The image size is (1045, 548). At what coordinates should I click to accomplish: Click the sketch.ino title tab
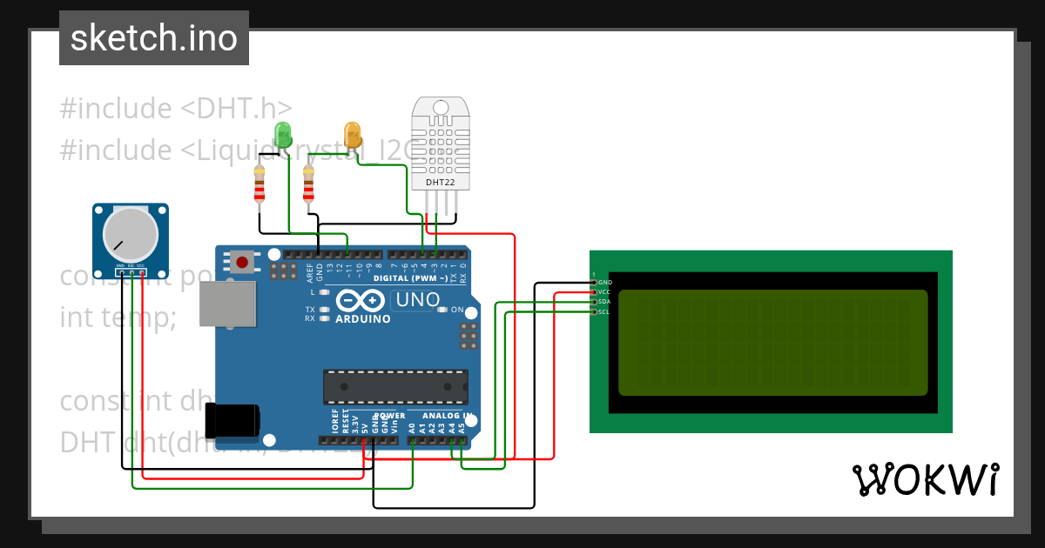tap(154, 38)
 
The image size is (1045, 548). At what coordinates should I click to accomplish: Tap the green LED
tap(283, 135)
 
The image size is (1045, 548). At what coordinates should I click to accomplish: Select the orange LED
tap(353, 135)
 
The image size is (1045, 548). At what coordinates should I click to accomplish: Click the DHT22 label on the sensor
tap(440, 182)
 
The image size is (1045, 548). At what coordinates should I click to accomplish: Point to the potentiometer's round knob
tap(131, 234)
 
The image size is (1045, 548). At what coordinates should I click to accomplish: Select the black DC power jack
tap(232, 420)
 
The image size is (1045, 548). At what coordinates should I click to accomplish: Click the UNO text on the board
tap(415, 301)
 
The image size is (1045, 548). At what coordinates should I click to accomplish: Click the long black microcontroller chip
tap(394, 386)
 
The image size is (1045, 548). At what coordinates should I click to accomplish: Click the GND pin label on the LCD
tap(604, 283)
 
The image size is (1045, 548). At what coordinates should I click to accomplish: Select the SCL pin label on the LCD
tap(604, 311)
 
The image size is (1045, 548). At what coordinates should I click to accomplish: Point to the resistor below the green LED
tap(259, 184)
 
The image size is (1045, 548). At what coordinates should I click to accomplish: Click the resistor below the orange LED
tap(307, 184)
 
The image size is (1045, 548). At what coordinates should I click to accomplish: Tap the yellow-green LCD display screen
tap(772, 343)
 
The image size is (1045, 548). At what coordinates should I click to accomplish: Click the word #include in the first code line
tap(116, 109)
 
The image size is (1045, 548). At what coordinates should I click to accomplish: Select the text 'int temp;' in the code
tap(118, 317)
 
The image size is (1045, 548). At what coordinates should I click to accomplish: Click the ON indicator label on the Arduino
tap(457, 310)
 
